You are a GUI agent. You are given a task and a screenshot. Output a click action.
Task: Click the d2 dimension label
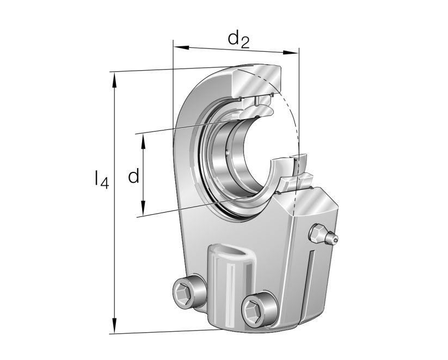click(x=238, y=39)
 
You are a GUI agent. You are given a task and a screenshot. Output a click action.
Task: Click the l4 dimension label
click(x=101, y=180)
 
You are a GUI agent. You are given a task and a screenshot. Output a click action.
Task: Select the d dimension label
click(x=133, y=176)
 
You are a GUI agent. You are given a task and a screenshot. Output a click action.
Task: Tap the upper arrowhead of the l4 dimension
click(x=114, y=78)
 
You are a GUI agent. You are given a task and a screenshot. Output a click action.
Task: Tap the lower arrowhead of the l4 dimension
click(x=114, y=327)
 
